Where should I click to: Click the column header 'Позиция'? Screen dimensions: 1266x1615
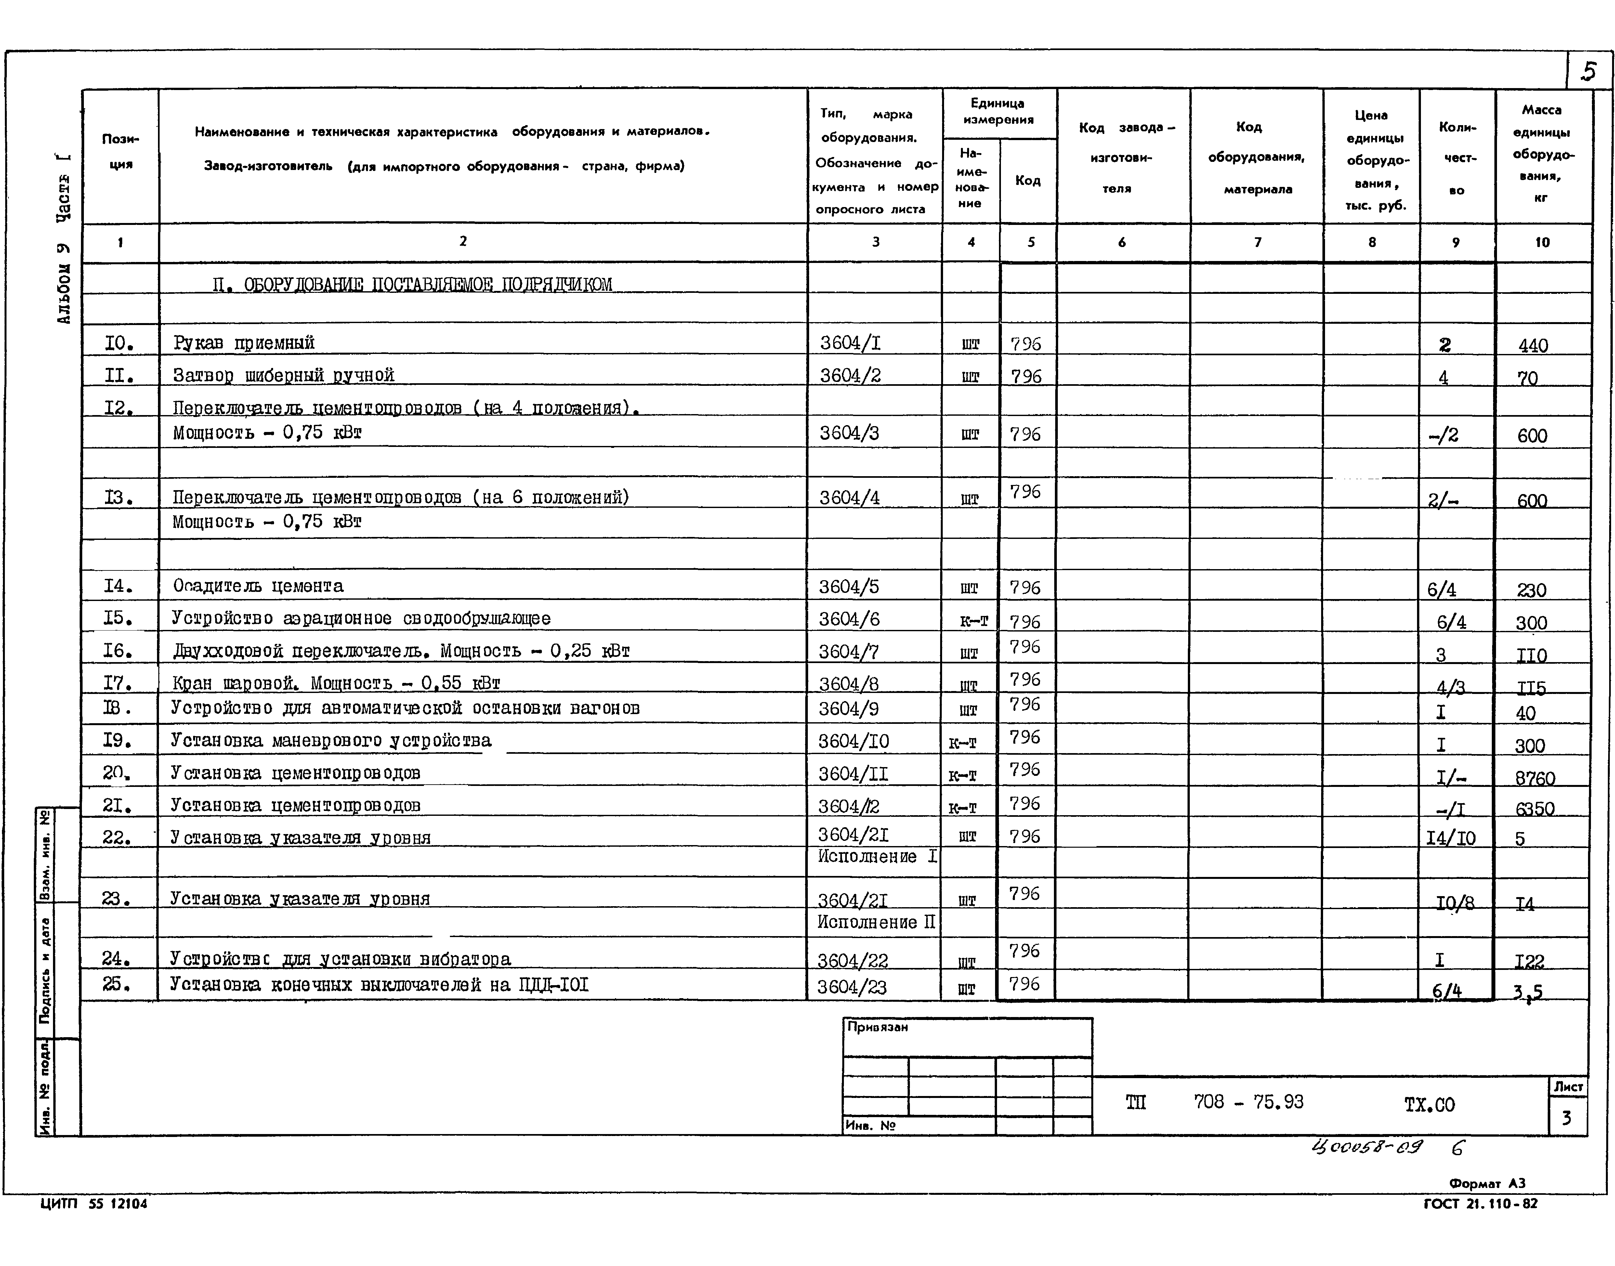click(120, 151)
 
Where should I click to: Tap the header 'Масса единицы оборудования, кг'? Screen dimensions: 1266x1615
click(1542, 153)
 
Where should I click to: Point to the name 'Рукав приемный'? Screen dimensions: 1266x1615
click(244, 343)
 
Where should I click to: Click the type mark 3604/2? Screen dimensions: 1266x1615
click(850, 376)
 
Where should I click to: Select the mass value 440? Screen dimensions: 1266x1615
click(1533, 346)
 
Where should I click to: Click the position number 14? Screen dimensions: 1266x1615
click(117, 586)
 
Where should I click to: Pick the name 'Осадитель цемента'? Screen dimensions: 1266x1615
click(258, 586)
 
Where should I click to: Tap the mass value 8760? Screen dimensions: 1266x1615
click(1534, 778)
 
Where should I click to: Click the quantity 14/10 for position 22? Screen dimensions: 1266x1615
click(1451, 838)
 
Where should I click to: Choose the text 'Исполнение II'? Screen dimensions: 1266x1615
click(876, 923)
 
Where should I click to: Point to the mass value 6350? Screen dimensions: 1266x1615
click(1534, 809)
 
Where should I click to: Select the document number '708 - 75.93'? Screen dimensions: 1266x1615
click(1248, 1102)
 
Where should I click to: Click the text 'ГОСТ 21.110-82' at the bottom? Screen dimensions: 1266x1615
click(1480, 1204)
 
